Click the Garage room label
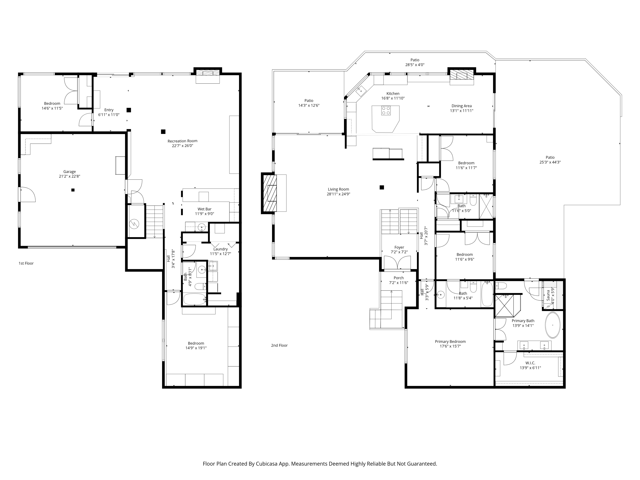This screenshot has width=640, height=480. [x=69, y=172]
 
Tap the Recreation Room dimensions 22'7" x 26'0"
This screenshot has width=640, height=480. [x=183, y=146]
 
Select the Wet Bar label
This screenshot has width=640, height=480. [x=204, y=209]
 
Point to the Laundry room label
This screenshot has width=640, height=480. [x=220, y=249]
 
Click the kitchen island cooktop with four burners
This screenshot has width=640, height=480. [x=386, y=111]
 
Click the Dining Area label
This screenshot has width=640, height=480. [x=461, y=106]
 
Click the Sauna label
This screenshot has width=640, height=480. [x=548, y=295]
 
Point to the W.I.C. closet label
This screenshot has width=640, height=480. [x=530, y=363]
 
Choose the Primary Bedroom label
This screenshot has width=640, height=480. [x=450, y=341]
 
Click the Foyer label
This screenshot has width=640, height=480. [x=399, y=247]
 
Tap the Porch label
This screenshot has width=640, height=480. [x=399, y=278]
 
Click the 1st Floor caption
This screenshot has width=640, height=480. [x=26, y=263]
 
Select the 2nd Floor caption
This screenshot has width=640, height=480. [x=279, y=345]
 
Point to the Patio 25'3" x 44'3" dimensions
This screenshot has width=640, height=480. [x=550, y=162]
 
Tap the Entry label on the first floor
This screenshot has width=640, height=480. [x=109, y=110]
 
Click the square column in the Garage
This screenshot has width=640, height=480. [x=73, y=190]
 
